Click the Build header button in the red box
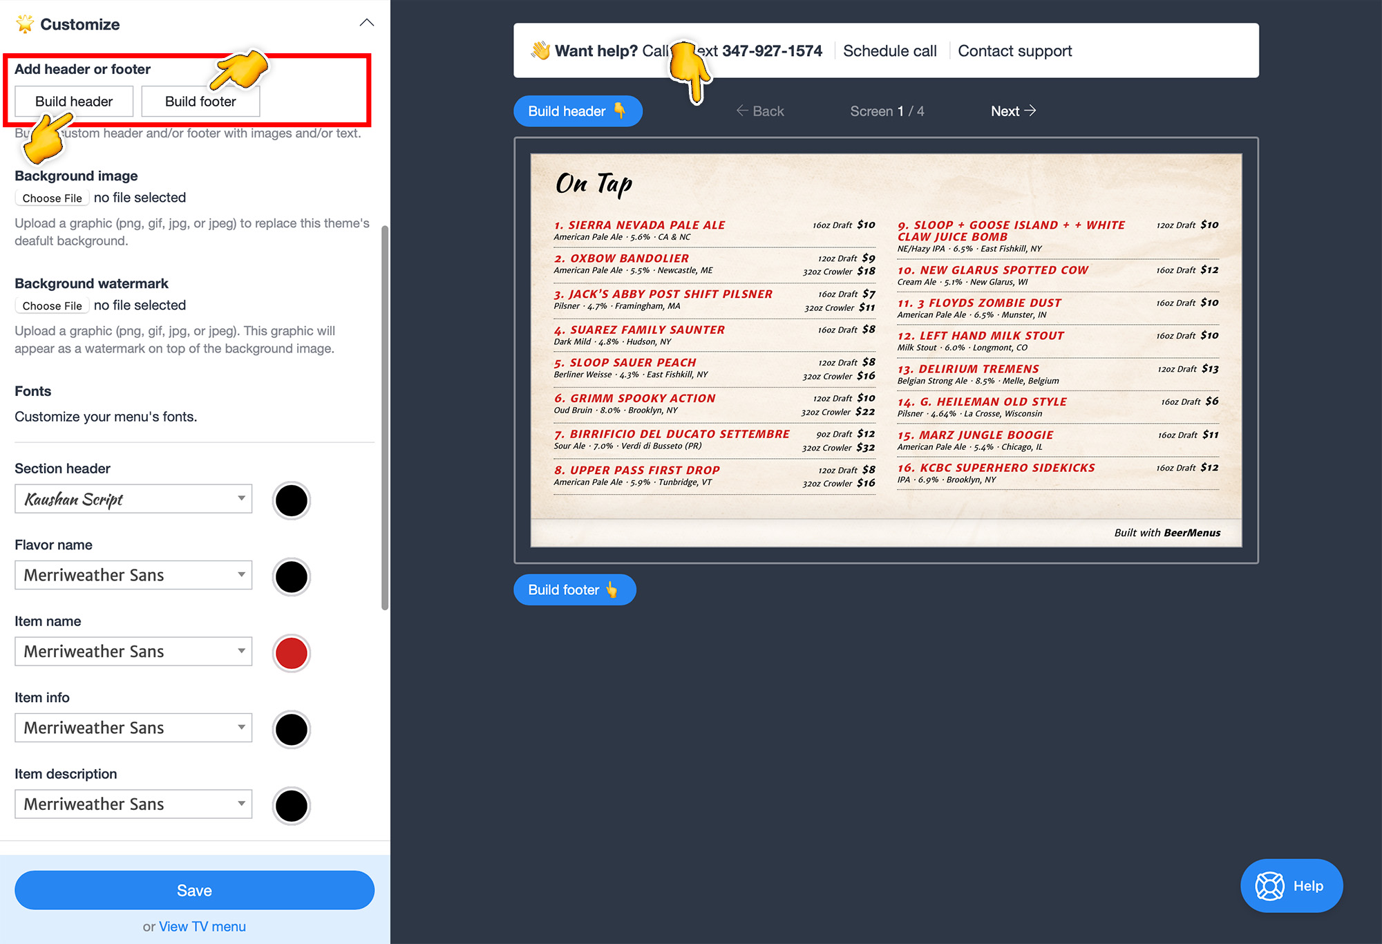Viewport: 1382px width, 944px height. (74, 102)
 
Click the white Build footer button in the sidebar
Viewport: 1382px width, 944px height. (200, 102)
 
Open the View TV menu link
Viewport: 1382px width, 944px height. (202, 926)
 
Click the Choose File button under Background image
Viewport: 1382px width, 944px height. (52, 198)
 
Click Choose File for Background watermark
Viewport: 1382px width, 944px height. (52, 306)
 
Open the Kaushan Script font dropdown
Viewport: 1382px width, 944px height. (133, 499)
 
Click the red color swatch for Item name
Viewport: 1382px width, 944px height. (292, 653)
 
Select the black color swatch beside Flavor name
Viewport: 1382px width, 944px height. (292, 577)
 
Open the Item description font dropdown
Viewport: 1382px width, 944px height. (133, 804)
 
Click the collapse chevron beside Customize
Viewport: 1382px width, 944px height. (367, 23)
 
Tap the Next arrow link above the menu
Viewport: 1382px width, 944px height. (1013, 111)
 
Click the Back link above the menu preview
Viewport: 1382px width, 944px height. (760, 111)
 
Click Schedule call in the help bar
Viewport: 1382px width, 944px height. (890, 51)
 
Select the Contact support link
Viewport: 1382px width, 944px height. (1015, 51)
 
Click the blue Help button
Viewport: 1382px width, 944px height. (1291, 886)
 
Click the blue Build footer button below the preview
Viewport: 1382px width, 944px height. (574, 590)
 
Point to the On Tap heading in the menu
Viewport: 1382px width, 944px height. (594, 184)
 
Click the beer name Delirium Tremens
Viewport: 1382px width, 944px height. (978, 369)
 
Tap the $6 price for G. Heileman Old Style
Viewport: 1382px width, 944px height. (1212, 402)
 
